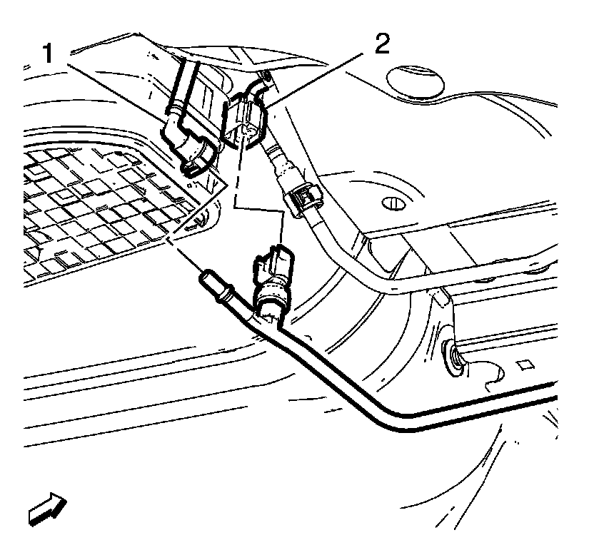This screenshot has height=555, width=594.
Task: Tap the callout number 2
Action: [x=383, y=45]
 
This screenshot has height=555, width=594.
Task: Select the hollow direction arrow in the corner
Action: [x=45, y=508]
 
